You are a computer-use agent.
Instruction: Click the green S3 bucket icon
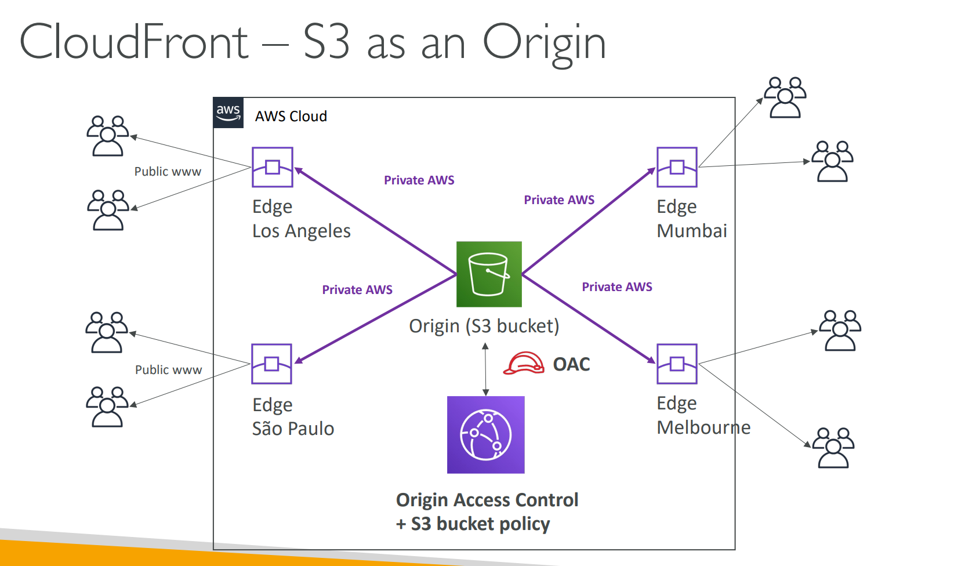point(489,274)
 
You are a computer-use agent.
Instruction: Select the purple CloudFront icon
point(486,434)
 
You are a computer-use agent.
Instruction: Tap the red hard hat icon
point(524,364)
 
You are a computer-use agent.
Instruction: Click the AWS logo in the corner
point(228,113)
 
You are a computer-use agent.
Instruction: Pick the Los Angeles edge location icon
point(273,167)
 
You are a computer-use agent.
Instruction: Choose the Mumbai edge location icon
point(677,167)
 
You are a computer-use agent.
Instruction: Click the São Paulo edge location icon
point(271,364)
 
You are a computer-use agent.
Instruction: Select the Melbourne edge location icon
point(677,364)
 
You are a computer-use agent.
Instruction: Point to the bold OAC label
point(571,364)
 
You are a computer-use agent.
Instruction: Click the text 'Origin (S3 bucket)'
point(484,326)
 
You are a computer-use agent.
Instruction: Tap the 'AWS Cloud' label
point(291,117)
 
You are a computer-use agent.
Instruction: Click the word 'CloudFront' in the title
point(134,42)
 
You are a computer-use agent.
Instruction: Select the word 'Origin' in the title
point(545,42)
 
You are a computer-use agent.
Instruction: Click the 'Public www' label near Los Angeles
point(168,172)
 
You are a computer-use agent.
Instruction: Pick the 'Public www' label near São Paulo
point(168,370)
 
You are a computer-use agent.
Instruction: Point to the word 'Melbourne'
point(703,427)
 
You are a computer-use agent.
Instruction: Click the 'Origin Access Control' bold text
point(487,500)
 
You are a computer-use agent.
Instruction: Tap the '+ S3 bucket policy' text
point(473,524)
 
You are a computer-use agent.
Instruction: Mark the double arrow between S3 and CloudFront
point(486,369)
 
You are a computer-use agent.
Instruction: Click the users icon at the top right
point(785,97)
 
